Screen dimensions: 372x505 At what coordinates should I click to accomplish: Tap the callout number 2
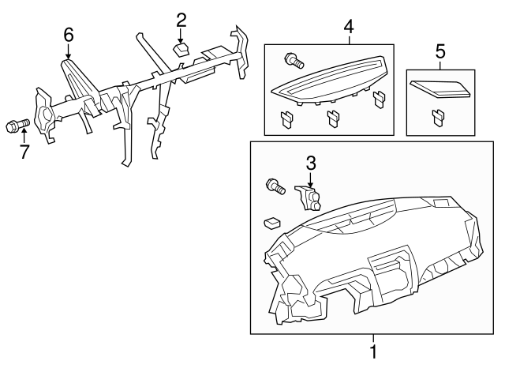point(181,19)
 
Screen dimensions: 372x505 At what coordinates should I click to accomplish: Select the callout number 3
point(311,163)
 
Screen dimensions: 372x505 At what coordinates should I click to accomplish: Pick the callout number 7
point(24,152)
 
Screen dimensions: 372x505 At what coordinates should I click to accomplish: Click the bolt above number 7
point(17,125)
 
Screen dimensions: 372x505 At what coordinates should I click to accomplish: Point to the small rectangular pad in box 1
point(273,222)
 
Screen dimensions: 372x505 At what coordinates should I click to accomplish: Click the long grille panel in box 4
point(327,80)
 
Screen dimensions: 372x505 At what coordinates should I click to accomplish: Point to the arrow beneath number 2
point(181,35)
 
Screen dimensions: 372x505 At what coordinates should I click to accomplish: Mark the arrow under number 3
point(311,179)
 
